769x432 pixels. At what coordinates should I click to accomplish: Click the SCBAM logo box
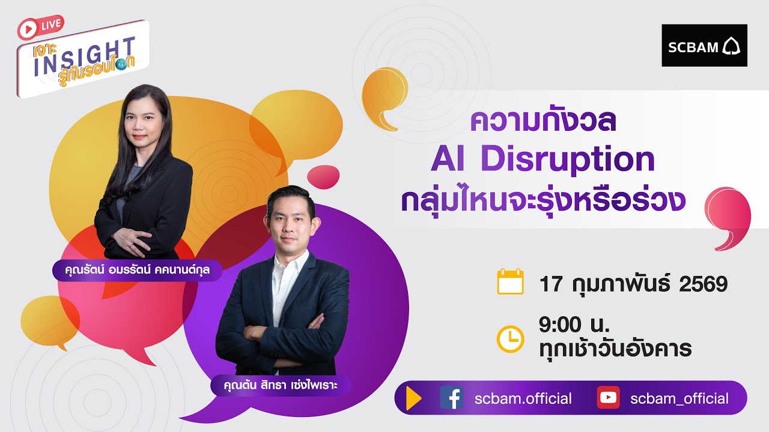[x=704, y=46]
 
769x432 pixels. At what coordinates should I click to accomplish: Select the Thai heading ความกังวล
[x=544, y=121]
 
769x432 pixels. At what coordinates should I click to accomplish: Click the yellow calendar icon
[x=511, y=282]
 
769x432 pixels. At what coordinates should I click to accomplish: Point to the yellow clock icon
[x=511, y=338]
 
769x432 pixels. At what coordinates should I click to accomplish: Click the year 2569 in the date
[x=703, y=284]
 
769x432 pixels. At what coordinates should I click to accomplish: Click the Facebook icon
[x=452, y=398]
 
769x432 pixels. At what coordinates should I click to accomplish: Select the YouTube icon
[x=608, y=398]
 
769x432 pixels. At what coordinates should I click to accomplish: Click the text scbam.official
[x=523, y=398]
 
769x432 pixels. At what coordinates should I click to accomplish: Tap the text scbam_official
[x=679, y=398]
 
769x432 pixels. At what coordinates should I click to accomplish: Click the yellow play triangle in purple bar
[x=413, y=398]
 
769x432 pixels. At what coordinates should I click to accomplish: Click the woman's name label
[x=137, y=271]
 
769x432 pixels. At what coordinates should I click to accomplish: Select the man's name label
[x=281, y=385]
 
